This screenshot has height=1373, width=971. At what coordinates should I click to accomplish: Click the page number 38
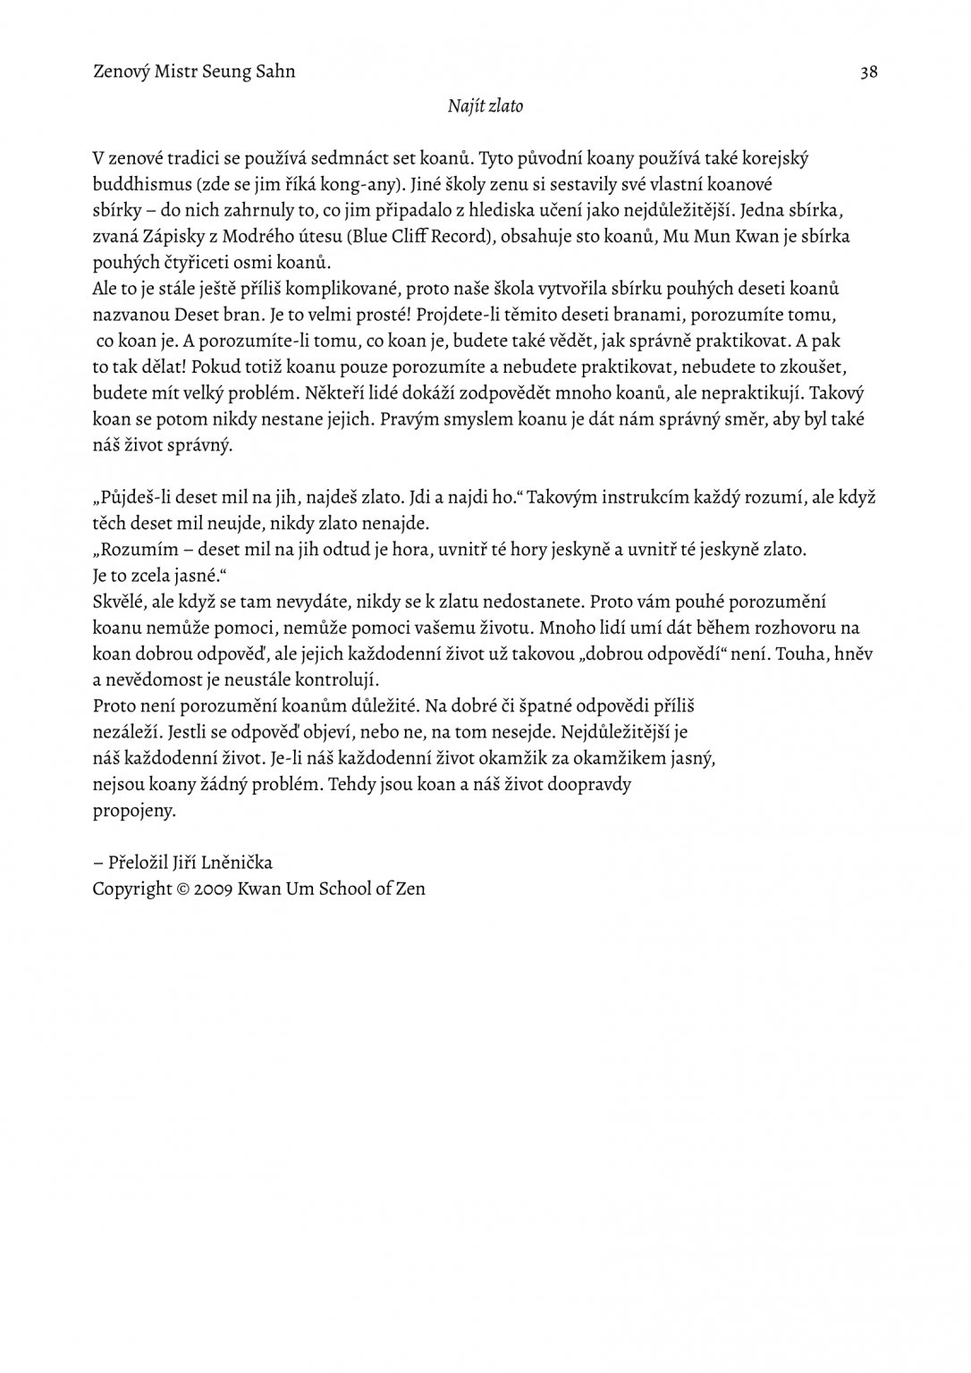click(868, 72)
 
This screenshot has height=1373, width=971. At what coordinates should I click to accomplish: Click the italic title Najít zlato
click(485, 106)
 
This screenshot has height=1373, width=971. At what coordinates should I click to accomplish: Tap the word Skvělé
click(118, 602)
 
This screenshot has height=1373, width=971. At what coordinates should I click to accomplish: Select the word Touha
click(799, 653)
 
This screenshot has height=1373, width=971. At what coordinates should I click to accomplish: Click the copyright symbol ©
click(183, 889)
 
